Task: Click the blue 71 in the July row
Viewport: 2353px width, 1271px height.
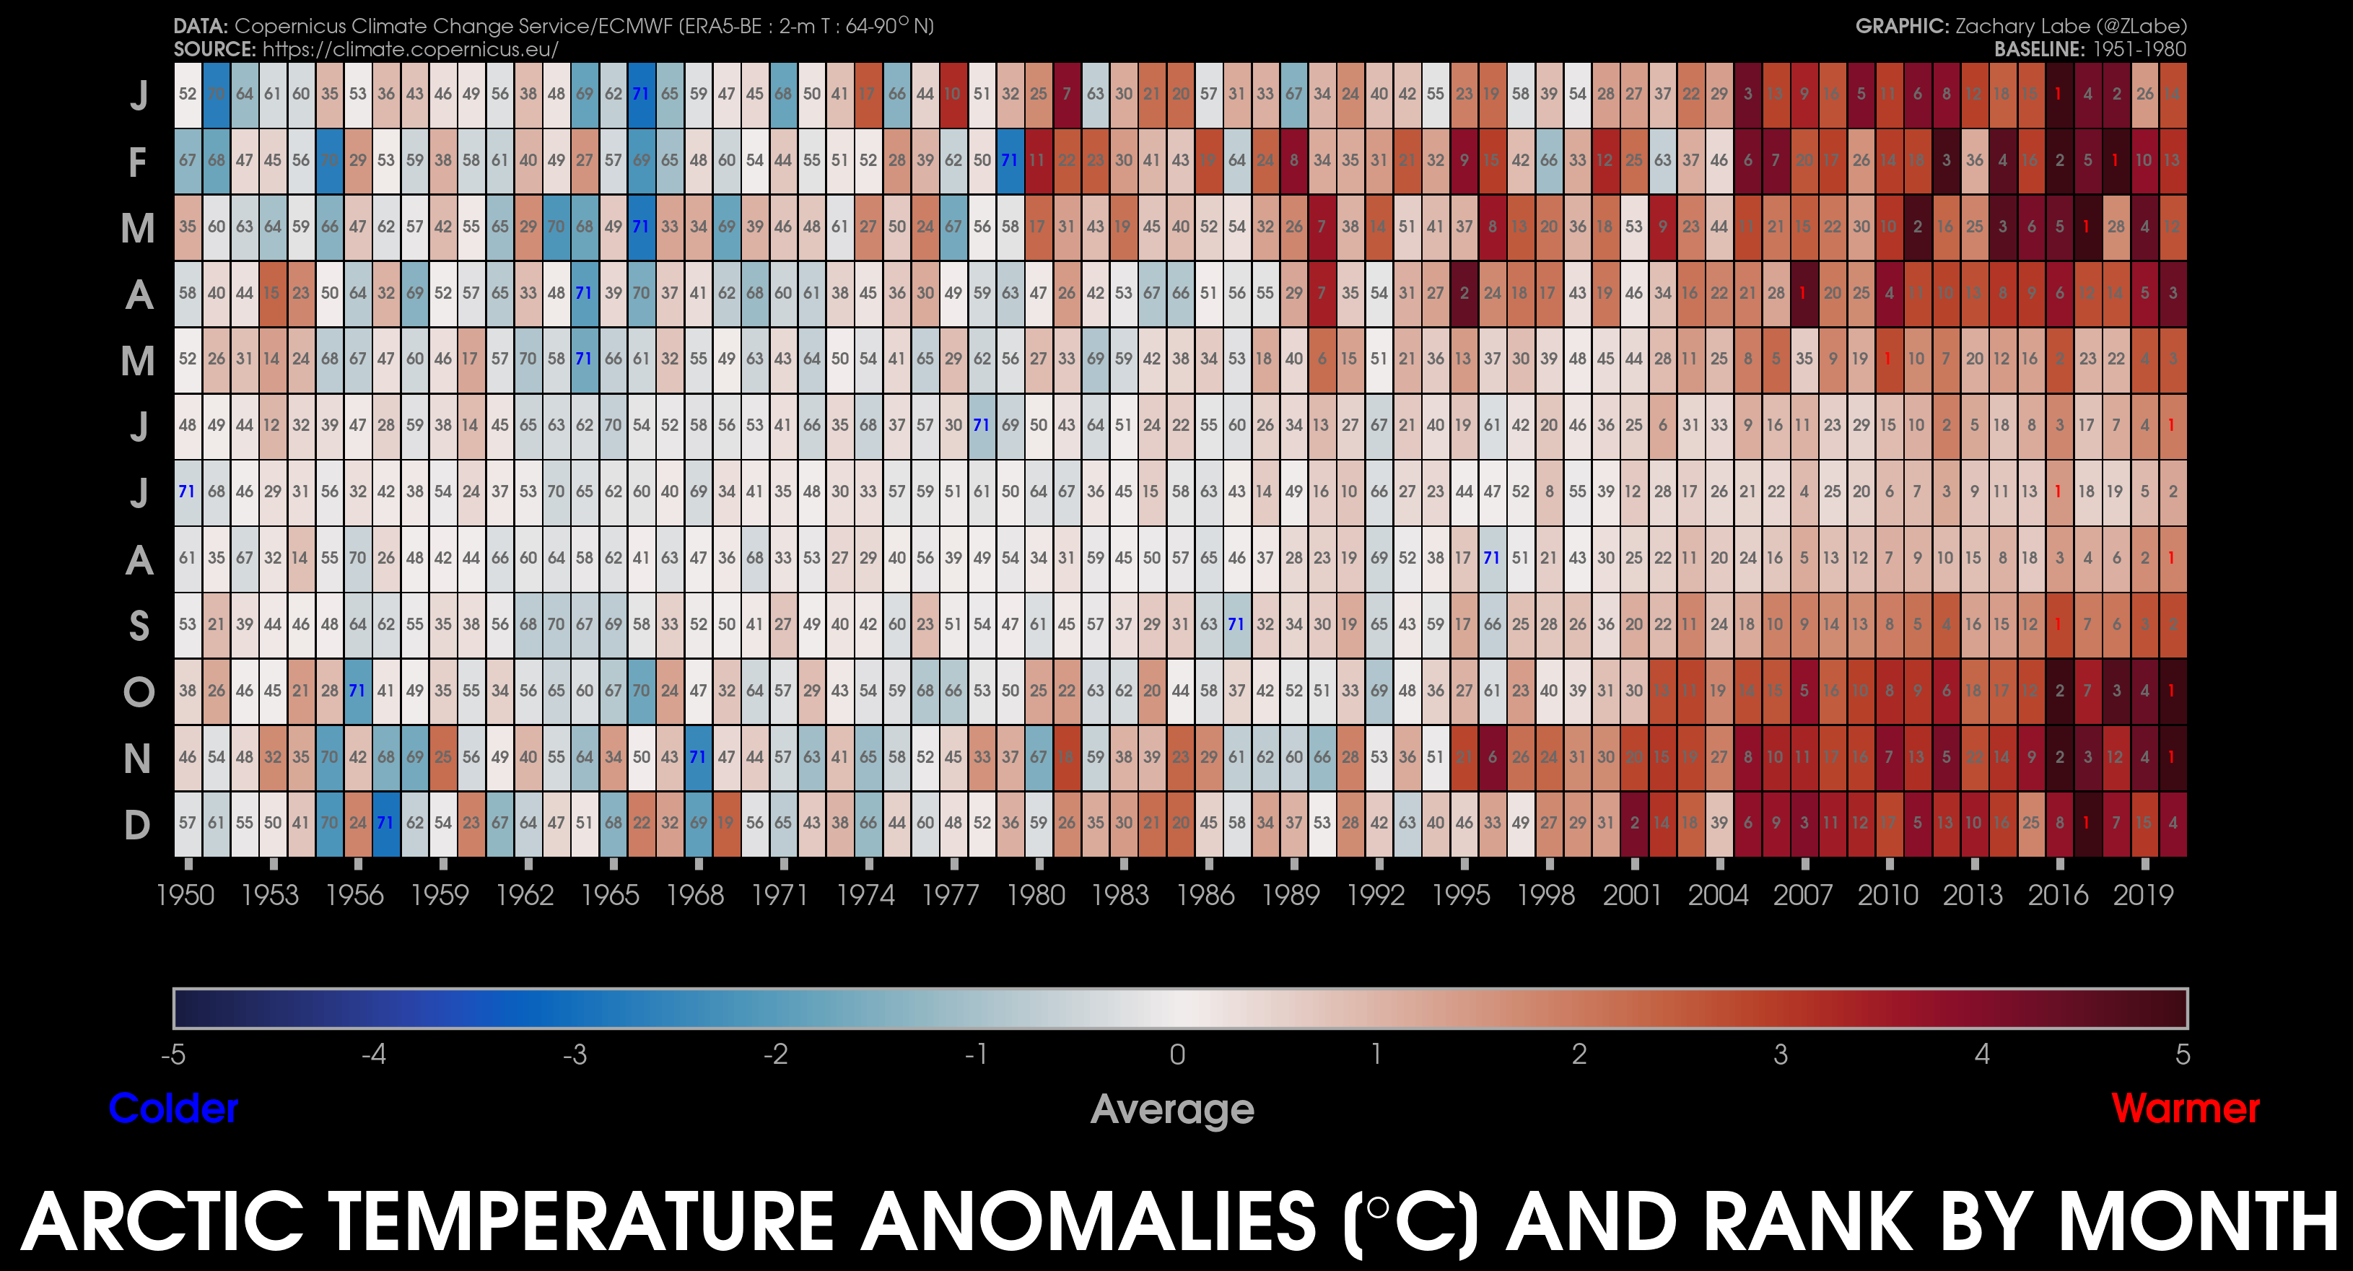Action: click(x=186, y=492)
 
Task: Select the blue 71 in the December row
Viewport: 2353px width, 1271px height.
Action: click(x=385, y=823)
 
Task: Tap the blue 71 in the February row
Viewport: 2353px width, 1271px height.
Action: click(x=1009, y=160)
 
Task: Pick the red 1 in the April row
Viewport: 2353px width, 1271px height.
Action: click(x=1803, y=293)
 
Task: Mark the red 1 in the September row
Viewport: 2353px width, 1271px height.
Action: click(x=2059, y=624)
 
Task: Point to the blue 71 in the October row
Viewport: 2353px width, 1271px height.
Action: click(x=357, y=690)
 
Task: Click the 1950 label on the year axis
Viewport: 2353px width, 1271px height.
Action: click(x=185, y=895)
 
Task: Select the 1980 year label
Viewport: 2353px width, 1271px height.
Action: click(x=1036, y=895)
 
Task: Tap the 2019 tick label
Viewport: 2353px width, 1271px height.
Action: click(x=2143, y=895)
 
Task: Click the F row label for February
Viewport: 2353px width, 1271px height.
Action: click(x=138, y=162)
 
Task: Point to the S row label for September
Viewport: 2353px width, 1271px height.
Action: click(x=139, y=626)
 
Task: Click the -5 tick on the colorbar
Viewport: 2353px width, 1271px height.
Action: click(x=173, y=1054)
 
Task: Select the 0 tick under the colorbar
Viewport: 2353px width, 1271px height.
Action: click(x=1177, y=1054)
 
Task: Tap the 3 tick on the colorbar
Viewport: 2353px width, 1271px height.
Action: click(x=1781, y=1054)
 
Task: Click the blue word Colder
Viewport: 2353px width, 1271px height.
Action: click(x=173, y=1109)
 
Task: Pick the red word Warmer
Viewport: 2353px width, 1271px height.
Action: click(x=2185, y=1109)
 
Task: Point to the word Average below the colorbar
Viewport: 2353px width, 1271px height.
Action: click(x=1172, y=1110)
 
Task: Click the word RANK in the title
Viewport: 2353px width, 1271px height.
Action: click(x=1810, y=1222)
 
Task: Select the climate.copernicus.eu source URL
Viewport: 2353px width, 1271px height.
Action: click(x=410, y=49)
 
